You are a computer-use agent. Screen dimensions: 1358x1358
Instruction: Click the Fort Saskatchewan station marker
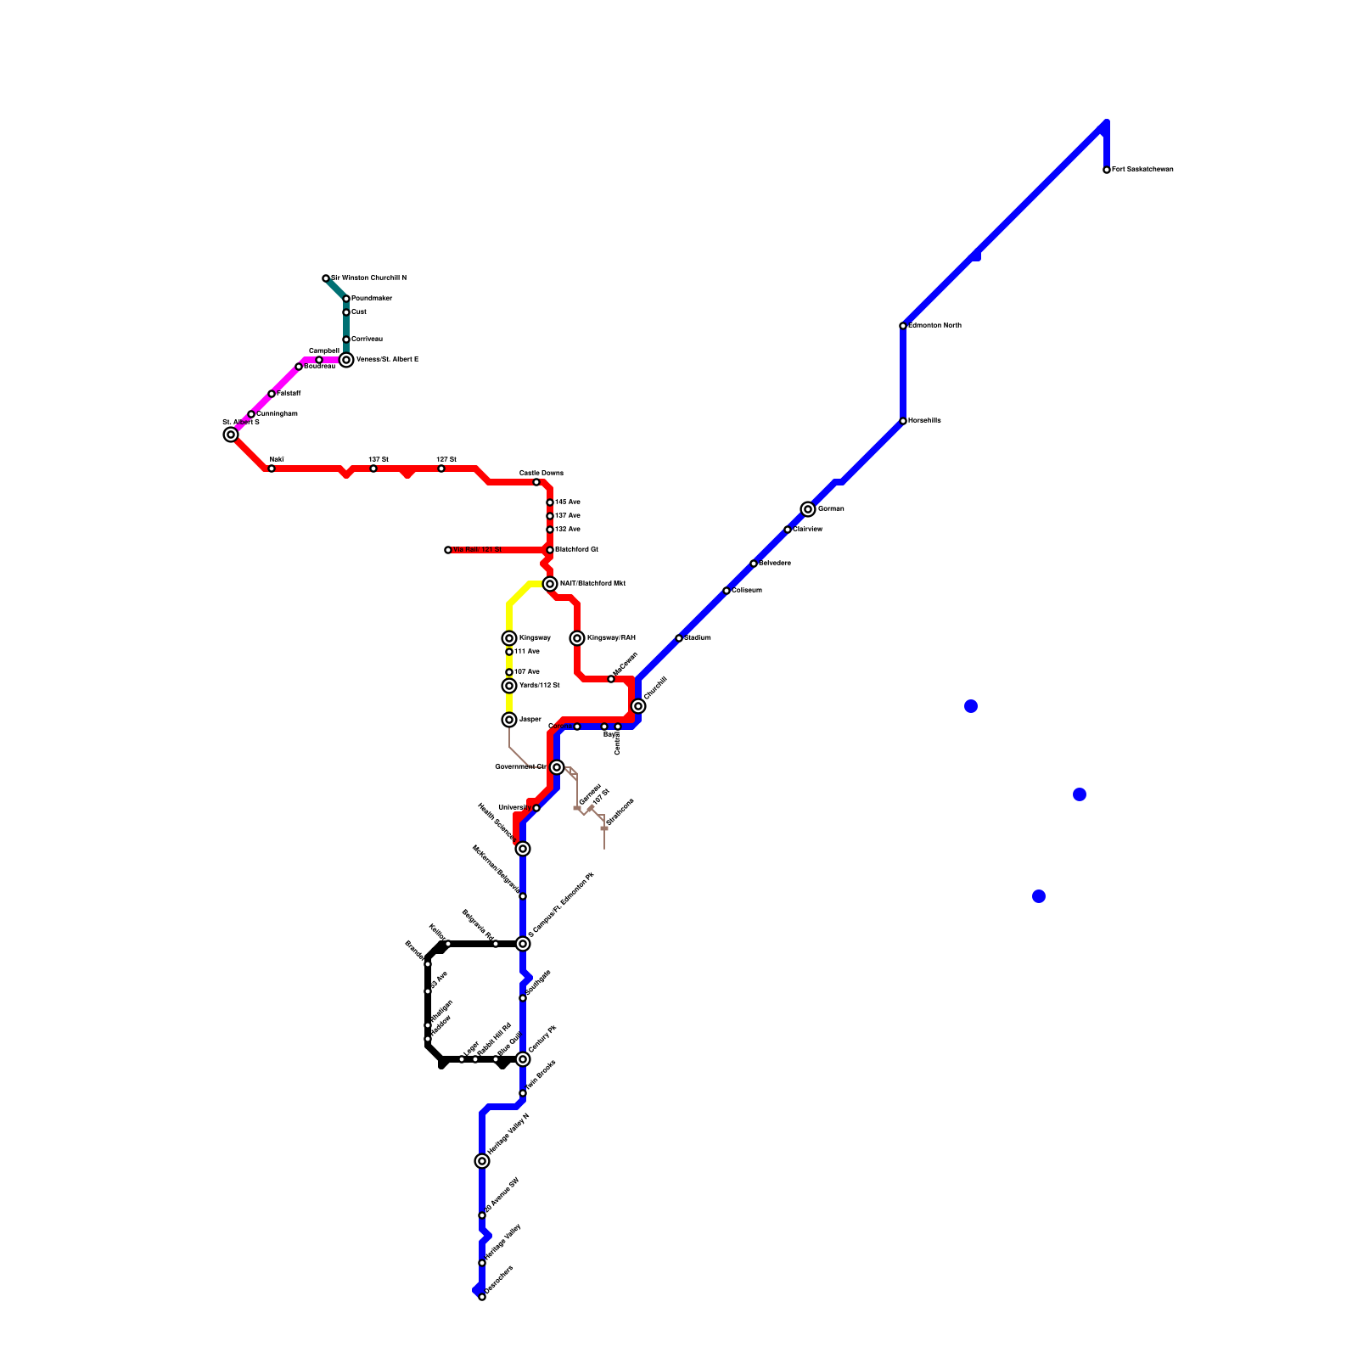[x=1107, y=170]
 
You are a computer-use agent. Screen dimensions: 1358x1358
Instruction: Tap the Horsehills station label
[x=924, y=421]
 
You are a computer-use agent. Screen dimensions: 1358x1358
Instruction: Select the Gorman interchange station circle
[x=808, y=509]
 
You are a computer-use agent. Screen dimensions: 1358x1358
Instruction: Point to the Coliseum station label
[x=747, y=591]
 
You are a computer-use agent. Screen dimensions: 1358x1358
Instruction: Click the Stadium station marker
[x=679, y=638]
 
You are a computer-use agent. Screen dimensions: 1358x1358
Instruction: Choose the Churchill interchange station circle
[x=638, y=706]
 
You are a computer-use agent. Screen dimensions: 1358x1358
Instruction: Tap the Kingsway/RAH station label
[x=611, y=638]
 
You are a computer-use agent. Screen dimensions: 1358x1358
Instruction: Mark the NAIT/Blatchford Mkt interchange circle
[x=550, y=584]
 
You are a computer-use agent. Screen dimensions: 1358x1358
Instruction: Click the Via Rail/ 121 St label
[x=477, y=550]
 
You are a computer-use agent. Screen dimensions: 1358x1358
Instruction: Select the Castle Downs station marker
[x=536, y=482]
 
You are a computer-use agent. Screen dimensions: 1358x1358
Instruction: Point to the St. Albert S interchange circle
[x=231, y=435]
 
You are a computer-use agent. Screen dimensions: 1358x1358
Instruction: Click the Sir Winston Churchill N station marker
[x=326, y=278]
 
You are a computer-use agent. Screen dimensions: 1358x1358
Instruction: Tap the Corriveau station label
[x=367, y=339]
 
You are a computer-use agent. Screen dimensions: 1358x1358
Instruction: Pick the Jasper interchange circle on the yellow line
[x=509, y=720]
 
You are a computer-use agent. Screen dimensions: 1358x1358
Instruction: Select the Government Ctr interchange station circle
[x=557, y=767]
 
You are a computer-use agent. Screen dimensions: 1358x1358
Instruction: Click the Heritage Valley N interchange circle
[x=482, y=1161]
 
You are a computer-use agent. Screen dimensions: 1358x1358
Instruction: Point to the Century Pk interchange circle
[x=523, y=1059]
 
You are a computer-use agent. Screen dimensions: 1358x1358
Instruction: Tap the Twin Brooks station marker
[x=523, y=1093]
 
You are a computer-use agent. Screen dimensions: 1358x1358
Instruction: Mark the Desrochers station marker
[x=482, y=1297]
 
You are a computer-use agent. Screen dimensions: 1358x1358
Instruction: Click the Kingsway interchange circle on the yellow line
[x=509, y=638]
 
